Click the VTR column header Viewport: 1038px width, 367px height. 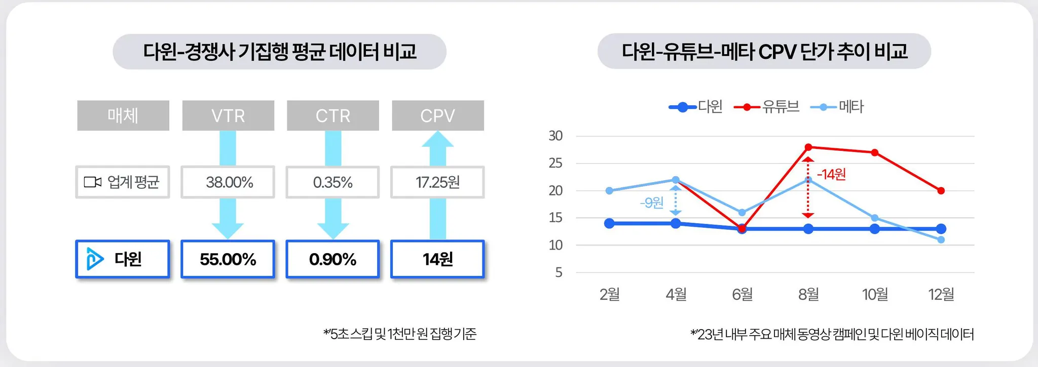pyautogui.click(x=228, y=115)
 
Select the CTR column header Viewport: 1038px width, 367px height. pyautogui.click(x=333, y=115)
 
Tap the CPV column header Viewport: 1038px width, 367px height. pyautogui.click(x=438, y=115)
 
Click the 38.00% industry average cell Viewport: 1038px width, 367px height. pyautogui.click(x=228, y=182)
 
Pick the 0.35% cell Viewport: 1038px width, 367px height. pyautogui.click(x=332, y=182)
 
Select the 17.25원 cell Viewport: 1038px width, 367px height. pyautogui.click(x=437, y=182)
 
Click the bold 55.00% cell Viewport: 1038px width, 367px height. pyautogui.click(x=228, y=259)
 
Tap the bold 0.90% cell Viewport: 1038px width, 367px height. pyautogui.click(x=332, y=259)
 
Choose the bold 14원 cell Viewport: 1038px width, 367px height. pyautogui.click(x=437, y=259)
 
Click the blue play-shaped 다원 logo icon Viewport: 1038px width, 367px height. pyautogui.click(x=94, y=259)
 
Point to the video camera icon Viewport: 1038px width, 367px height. pyautogui.click(x=92, y=182)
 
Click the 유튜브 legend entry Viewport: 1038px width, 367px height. pyautogui.click(x=766, y=107)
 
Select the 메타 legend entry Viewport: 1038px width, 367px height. pyautogui.click(x=837, y=107)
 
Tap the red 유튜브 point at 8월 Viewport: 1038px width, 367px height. pyautogui.click(x=808, y=147)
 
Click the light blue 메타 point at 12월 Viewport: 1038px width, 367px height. pyautogui.click(x=941, y=240)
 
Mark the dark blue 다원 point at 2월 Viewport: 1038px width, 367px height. pyautogui.click(x=610, y=223)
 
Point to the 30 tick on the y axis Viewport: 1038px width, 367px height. pyautogui.click(x=555, y=136)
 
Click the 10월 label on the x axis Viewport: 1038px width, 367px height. pyautogui.click(x=875, y=294)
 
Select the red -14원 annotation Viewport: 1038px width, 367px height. pyautogui.click(x=831, y=175)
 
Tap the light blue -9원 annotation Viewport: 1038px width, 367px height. pyautogui.click(x=651, y=203)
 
